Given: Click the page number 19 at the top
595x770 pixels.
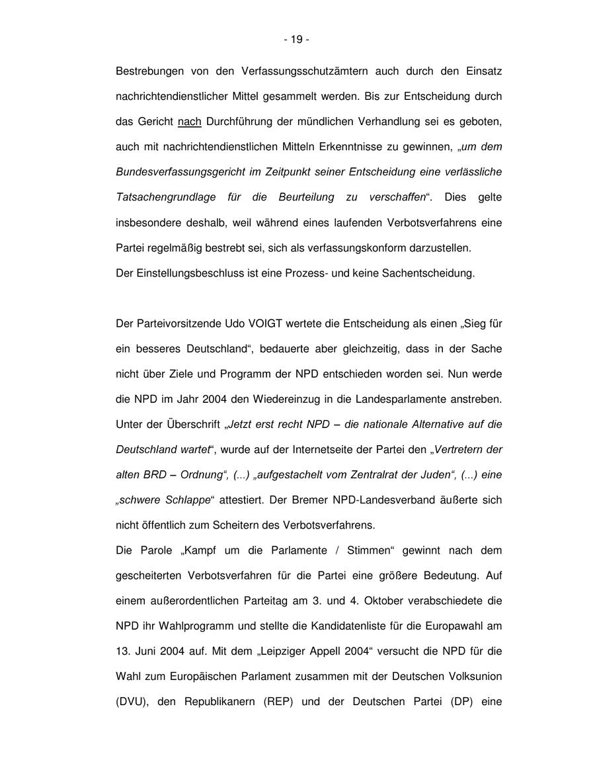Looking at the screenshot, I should coord(297,40).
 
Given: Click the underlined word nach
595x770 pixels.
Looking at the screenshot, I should coord(190,122).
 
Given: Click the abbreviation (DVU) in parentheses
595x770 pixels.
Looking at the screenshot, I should coord(130,701).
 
